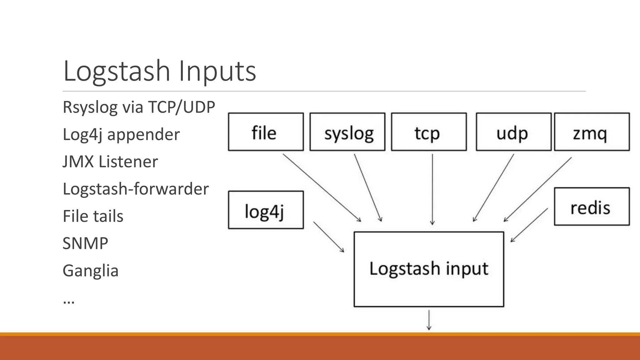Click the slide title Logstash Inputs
click(159, 71)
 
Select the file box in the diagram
click(266, 132)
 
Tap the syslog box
click(347, 132)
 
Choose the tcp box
click(429, 132)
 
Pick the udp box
click(513, 132)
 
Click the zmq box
click(592, 132)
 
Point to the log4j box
click(266, 210)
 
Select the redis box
click(592, 207)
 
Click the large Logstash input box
click(429, 269)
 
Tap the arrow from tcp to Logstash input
click(432, 189)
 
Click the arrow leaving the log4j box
click(328, 237)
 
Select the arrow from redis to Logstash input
click(529, 225)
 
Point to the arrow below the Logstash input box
click(429, 320)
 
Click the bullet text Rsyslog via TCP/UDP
click(139, 107)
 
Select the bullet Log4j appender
click(121, 135)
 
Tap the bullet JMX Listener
click(110, 162)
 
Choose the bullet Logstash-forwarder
click(136, 189)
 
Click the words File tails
click(93, 216)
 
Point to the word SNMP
click(85, 243)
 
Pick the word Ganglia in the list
click(91, 271)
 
